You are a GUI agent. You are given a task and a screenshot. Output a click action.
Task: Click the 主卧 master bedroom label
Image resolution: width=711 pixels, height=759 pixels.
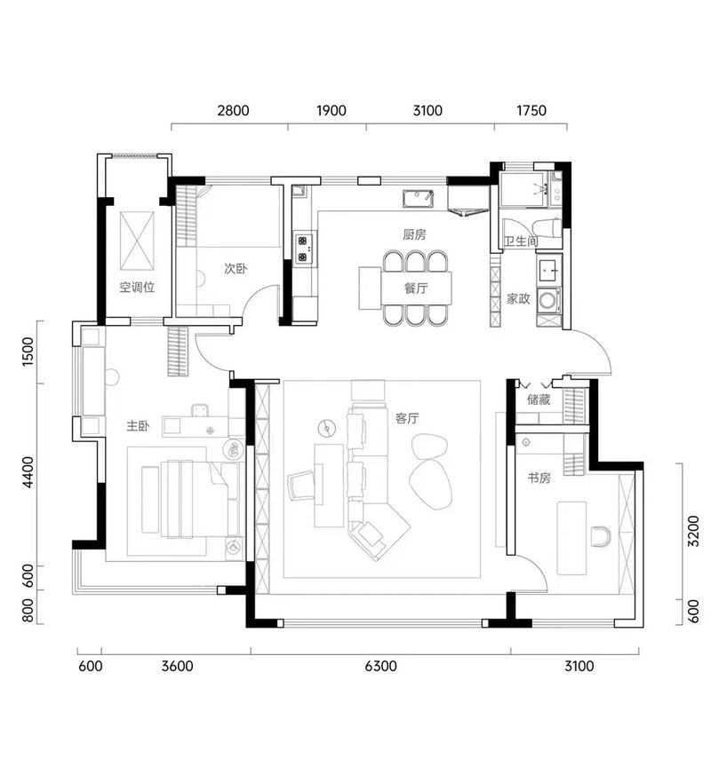(138, 426)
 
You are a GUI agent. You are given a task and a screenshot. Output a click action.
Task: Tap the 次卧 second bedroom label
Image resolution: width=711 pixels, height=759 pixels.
(236, 268)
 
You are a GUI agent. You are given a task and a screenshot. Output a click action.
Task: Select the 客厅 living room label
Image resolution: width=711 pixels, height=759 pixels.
(407, 418)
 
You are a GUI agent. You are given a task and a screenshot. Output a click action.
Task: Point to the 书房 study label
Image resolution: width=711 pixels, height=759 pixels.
(539, 478)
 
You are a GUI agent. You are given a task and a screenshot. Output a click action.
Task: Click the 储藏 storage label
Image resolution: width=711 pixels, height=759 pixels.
(539, 399)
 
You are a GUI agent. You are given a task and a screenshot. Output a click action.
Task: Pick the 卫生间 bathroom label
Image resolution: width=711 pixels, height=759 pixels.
(521, 241)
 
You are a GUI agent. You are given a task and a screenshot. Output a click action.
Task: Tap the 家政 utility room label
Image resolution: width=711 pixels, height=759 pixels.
(518, 298)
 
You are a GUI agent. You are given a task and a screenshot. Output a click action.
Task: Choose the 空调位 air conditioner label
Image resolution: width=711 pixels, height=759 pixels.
(137, 287)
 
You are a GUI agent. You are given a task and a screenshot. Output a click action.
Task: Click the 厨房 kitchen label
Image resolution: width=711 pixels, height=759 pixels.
(414, 234)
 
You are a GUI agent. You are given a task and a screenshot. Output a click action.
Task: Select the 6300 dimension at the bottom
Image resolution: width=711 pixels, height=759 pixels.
(381, 666)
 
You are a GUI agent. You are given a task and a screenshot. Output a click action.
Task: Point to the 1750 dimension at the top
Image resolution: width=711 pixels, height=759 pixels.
(531, 111)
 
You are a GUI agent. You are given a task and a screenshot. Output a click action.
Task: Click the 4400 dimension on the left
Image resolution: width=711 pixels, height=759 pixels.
(28, 472)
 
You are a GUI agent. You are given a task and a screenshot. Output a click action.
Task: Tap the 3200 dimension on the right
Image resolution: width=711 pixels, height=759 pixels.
(694, 531)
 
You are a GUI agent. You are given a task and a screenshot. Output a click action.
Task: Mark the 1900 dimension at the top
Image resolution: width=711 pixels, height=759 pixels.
(332, 111)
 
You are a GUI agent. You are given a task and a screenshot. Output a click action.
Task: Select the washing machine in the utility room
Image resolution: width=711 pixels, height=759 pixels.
(548, 300)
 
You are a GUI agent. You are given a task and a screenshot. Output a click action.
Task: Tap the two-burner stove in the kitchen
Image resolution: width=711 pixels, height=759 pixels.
(303, 249)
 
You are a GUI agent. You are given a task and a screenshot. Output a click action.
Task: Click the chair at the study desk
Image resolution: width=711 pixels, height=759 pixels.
(601, 536)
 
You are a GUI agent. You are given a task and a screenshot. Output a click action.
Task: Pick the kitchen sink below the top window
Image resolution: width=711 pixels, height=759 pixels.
(419, 199)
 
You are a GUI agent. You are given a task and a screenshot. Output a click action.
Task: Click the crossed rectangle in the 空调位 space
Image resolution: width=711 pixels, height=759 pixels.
(137, 241)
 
